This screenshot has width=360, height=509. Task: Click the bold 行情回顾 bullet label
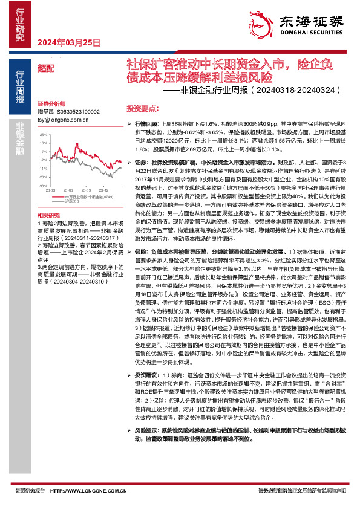(x=145, y=122)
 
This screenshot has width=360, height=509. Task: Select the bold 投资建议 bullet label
(x=145, y=375)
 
